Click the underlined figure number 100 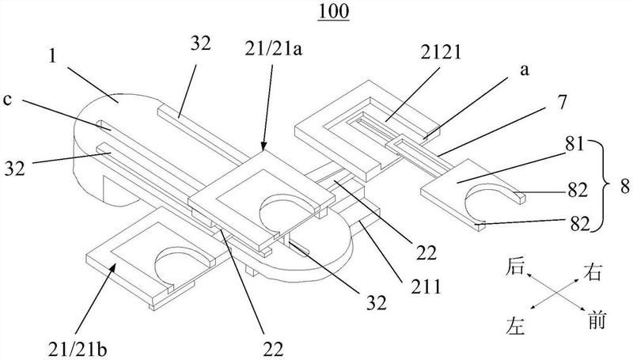tap(333, 12)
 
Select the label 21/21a tap(273, 51)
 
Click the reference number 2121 tap(441, 52)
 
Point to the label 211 tap(426, 286)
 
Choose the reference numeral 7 tap(562, 102)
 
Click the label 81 tap(575, 144)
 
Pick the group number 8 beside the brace tap(624, 188)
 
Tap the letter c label tap(7, 99)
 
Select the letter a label tap(524, 70)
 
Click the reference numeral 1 tap(51, 56)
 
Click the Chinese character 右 tap(592, 271)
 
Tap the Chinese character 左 tap(515, 326)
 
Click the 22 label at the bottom tap(273, 349)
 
